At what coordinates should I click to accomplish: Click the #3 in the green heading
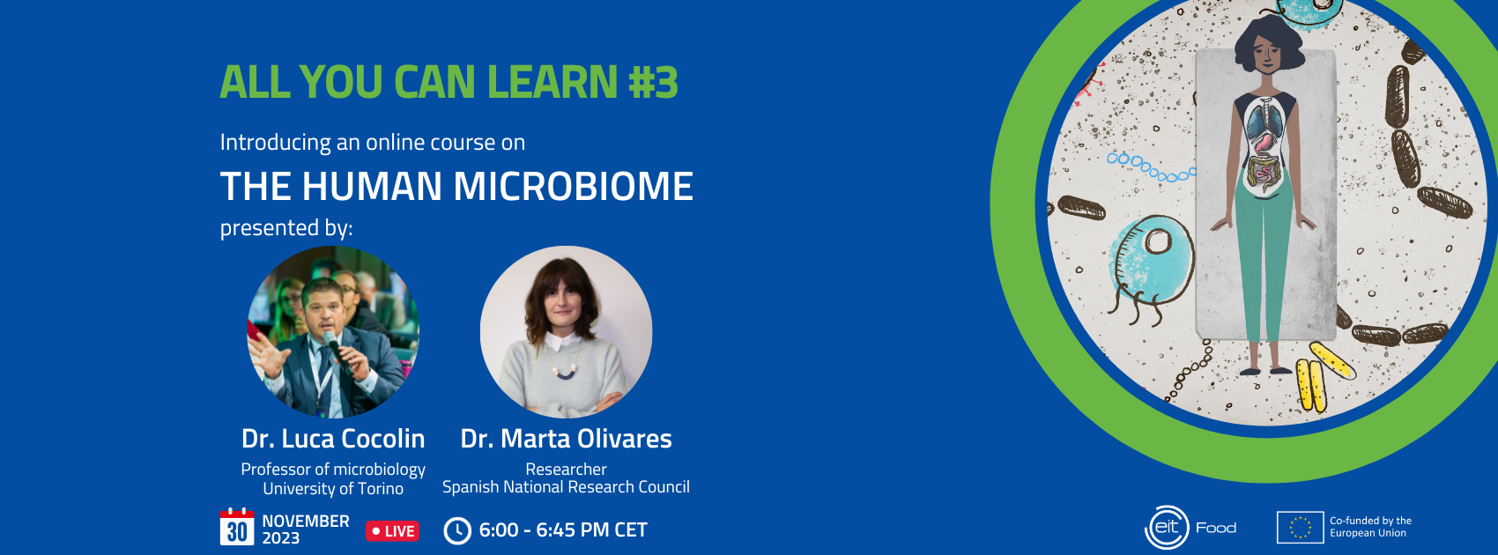[653, 82]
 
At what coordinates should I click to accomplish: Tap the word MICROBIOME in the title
[574, 186]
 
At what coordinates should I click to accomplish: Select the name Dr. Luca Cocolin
[333, 439]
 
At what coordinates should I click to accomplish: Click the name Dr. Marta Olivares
[566, 439]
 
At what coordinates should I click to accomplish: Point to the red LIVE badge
[392, 531]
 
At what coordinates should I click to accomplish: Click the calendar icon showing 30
[237, 527]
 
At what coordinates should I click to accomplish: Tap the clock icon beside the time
[457, 531]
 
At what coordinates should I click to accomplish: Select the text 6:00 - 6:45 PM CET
[563, 530]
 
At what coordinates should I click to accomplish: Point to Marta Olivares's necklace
[565, 366]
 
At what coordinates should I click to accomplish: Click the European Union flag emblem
[1300, 527]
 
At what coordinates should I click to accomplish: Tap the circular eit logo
[1167, 528]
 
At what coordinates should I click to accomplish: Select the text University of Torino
[333, 489]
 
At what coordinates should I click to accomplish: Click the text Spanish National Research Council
[566, 487]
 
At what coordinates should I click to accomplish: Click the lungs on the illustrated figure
[1264, 121]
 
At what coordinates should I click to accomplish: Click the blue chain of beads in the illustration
[1150, 168]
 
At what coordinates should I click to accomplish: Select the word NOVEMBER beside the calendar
[306, 521]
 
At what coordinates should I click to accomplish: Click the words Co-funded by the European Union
[1370, 527]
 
